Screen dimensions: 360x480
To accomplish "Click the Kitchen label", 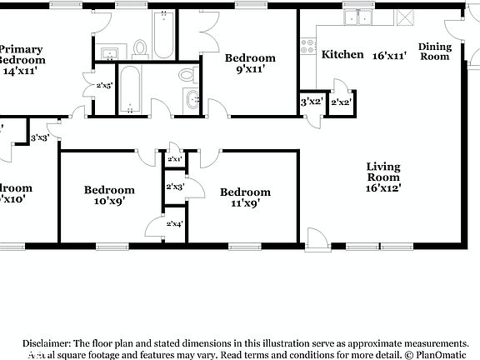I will click(x=342, y=55).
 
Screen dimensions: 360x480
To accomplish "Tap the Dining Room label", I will click(x=434, y=52).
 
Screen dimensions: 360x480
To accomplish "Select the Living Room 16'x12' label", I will click(x=383, y=177).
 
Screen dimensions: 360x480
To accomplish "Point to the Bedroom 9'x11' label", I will click(x=250, y=64).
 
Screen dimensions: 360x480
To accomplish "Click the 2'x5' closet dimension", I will click(x=105, y=86).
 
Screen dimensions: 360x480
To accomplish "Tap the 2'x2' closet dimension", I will click(x=340, y=102).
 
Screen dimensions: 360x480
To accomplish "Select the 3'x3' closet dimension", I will click(x=40, y=137).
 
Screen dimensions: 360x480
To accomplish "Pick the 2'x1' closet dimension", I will click(x=175, y=158).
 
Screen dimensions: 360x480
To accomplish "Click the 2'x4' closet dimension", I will click(x=174, y=224).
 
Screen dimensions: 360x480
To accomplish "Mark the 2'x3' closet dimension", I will click(x=174, y=187).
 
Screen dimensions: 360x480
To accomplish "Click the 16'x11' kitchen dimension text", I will click(x=390, y=55).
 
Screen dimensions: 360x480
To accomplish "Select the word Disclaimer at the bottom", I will click(x=47, y=342).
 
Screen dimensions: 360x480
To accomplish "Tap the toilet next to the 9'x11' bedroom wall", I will click(x=186, y=76).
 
